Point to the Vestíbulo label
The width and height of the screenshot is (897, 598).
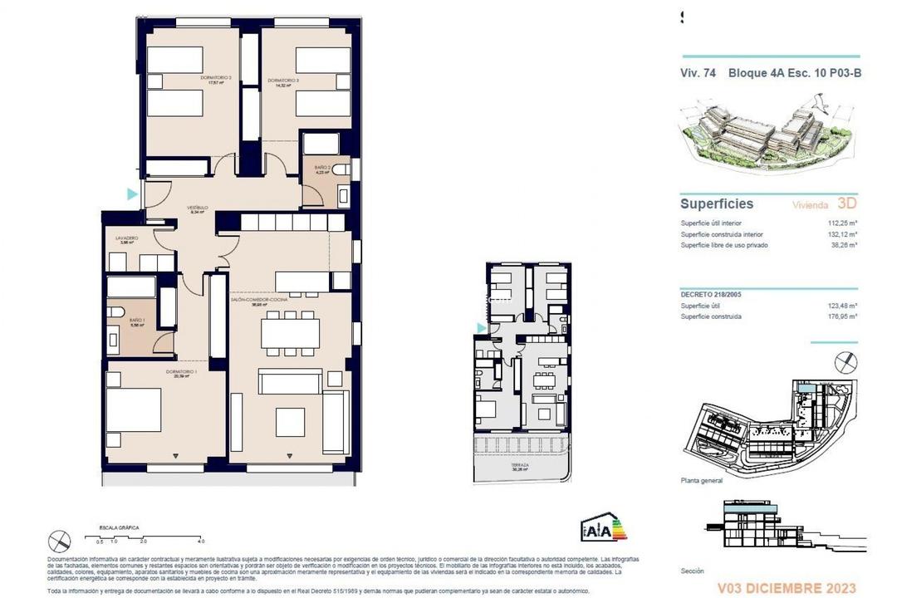click(x=197, y=208)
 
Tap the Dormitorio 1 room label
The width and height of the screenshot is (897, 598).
click(x=180, y=373)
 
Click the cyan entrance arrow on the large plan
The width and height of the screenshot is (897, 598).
click(x=131, y=194)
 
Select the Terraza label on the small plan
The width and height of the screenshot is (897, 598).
click(x=520, y=467)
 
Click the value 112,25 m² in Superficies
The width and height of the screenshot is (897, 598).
click(x=841, y=223)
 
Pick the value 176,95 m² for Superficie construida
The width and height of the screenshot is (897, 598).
click(x=841, y=316)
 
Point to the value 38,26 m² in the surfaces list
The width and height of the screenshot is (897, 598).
click(x=843, y=245)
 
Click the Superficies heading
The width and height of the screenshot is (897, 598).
click(x=717, y=203)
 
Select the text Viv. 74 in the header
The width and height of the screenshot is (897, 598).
click(x=698, y=73)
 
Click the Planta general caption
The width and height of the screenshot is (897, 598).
click(x=701, y=481)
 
